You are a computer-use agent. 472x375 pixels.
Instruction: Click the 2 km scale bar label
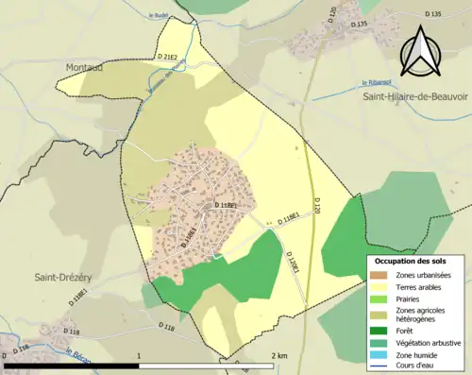pyautogui.click(x=279, y=355)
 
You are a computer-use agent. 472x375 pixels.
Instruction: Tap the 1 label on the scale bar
pyautogui.click(x=139, y=355)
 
